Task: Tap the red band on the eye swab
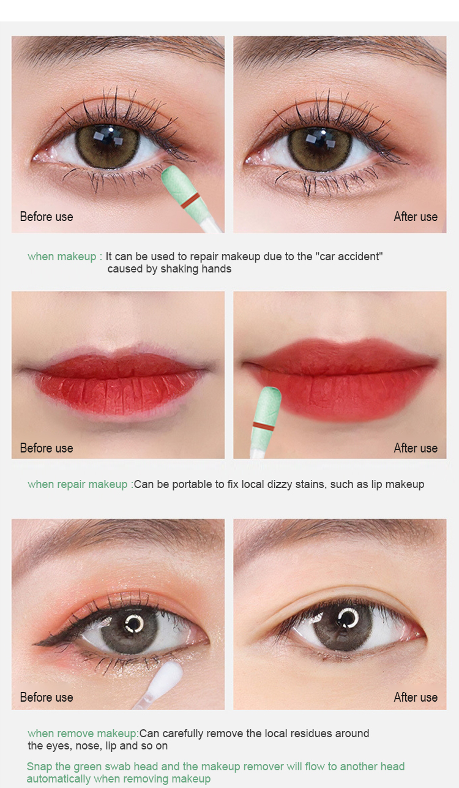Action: pos(190,200)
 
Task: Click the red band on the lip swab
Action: pos(263,427)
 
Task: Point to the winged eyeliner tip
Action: pos(34,644)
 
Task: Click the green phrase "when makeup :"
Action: pos(65,257)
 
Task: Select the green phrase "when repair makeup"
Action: pos(77,484)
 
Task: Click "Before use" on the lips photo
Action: pos(47,448)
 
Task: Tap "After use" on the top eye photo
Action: pos(416,217)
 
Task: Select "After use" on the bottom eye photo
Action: pos(416,697)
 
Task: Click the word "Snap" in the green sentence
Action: pos(39,767)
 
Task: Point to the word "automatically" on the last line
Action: pos(58,778)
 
